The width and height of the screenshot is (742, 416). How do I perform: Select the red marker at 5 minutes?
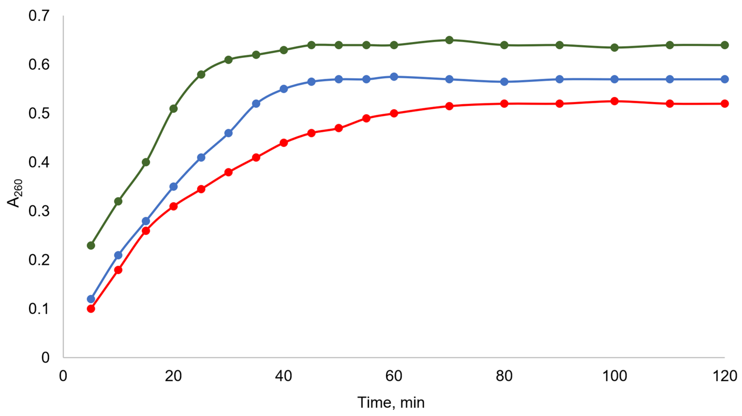(x=91, y=309)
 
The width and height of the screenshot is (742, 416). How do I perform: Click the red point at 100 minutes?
(x=615, y=101)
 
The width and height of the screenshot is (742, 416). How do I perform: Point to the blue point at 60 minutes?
(x=394, y=77)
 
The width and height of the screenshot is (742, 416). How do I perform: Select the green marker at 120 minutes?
(x=725, y=45)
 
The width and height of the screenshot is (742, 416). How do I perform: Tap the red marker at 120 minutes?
(x=725, y=104)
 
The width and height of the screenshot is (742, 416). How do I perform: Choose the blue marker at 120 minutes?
(x=725, y=79)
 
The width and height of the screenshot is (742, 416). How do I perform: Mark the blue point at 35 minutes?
(x=256, y=104)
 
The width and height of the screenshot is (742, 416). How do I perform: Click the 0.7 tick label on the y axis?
(x=39, y=16)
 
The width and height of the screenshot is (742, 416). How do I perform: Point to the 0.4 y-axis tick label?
(x=39, y=162)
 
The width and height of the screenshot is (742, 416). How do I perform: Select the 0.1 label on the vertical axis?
(x=39, y=309)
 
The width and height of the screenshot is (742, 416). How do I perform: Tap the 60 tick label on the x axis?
(x=394, y=376)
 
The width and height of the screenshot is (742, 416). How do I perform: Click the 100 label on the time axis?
(x=615, y=376)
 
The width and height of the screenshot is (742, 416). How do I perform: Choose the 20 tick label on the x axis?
(x=173, y=376)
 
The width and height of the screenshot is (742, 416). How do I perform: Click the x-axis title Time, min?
(x=391, y=402)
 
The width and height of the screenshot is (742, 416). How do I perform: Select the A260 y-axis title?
(x=14, y=193)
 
